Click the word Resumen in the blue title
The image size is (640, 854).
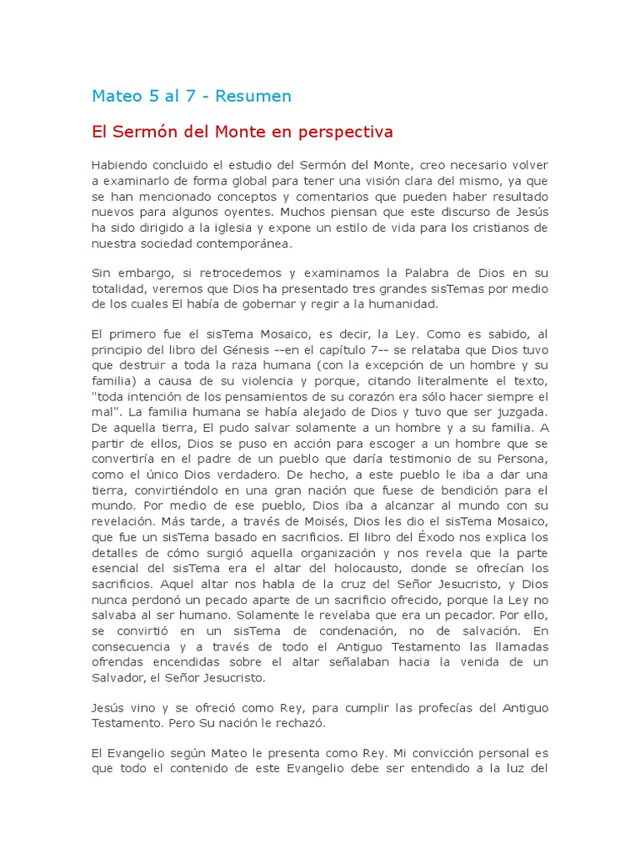click(253, 96)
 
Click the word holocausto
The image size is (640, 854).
click(364, 568)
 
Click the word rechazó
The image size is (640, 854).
click(302, 723)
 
